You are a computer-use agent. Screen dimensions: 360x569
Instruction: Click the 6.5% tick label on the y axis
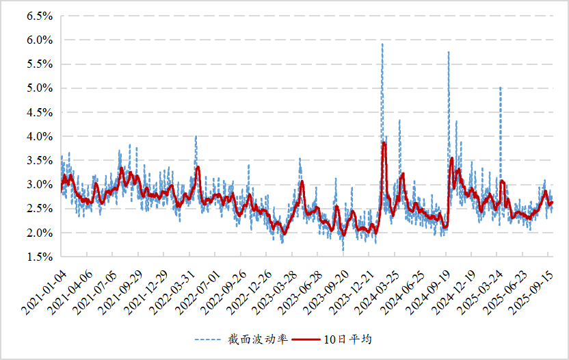coord(40,16)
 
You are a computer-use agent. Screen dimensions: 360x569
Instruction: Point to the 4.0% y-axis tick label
coord(40,137)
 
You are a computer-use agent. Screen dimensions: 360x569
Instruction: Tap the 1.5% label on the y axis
coord(40,257)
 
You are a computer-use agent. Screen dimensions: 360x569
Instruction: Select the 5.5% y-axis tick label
coord(40,64)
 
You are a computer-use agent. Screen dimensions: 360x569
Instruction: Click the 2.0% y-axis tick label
coord(40,233)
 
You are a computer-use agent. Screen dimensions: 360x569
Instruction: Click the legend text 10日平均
coord(347,339)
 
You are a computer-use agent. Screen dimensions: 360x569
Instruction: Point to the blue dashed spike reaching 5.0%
coord(501,88)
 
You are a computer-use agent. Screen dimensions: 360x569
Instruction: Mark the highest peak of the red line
coord(384,143)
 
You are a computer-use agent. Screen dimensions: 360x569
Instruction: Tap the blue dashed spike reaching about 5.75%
coord(449,53)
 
